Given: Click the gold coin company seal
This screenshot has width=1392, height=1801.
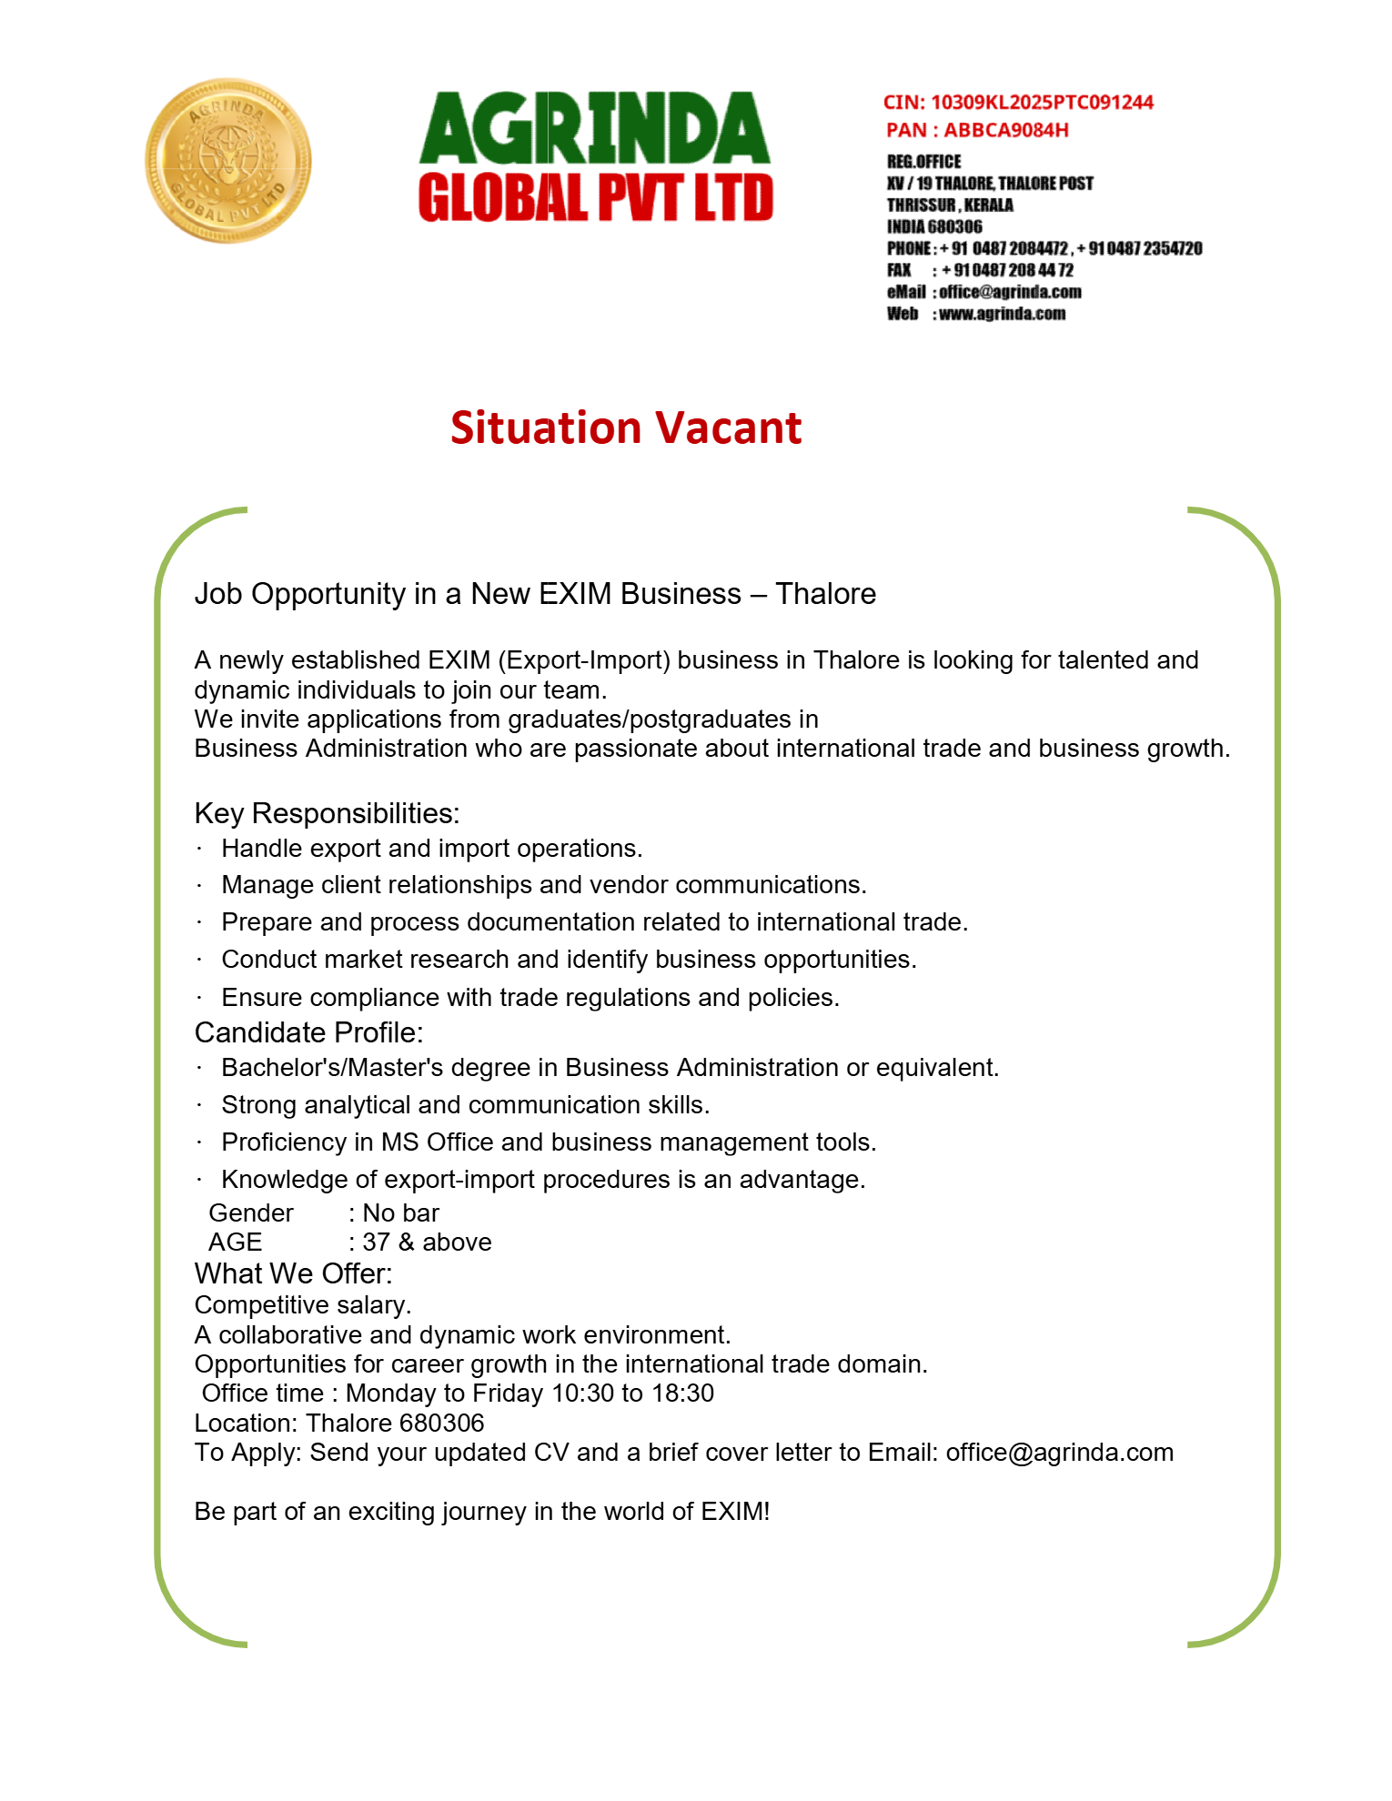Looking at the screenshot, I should point(227,161).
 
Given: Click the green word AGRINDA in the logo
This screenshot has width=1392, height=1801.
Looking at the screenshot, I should point(594,128).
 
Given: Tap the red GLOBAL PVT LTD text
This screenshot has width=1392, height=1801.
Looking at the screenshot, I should point(596,198).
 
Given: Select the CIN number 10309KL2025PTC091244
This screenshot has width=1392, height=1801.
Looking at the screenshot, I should point(1042,103).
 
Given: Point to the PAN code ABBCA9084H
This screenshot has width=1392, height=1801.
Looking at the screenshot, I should point(1005,130).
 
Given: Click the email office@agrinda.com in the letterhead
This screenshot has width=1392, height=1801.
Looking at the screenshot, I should point(1010,292).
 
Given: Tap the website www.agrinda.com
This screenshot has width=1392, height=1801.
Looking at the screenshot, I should point(1002,314).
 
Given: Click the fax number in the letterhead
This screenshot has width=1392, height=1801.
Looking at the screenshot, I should point(1007,270).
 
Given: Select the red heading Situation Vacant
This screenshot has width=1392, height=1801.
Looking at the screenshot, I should point(626,428).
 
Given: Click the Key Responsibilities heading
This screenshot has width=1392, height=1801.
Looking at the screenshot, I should point(327,813).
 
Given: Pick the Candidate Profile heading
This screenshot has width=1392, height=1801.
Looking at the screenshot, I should point(308,1032).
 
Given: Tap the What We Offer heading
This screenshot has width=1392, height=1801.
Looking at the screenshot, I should point(293,1273).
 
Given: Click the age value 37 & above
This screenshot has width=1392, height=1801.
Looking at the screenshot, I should point(427,1243).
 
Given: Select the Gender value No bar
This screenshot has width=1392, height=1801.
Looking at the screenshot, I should point(400,1213).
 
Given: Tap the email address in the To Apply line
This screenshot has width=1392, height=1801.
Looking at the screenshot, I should point(1059,1453).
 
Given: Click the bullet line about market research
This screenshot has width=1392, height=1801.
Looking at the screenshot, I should point(569,960).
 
